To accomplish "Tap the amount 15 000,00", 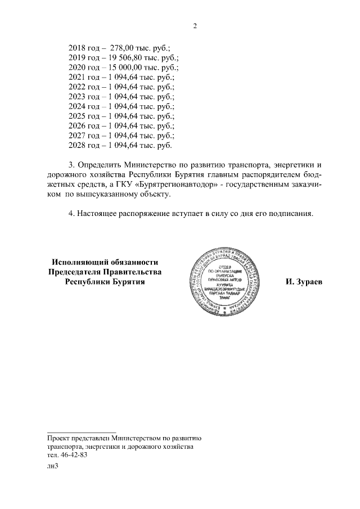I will (121, 68).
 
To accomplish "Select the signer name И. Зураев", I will (304, 282).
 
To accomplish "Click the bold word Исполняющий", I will (80, 262).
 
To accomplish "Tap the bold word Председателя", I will (74, 272).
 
